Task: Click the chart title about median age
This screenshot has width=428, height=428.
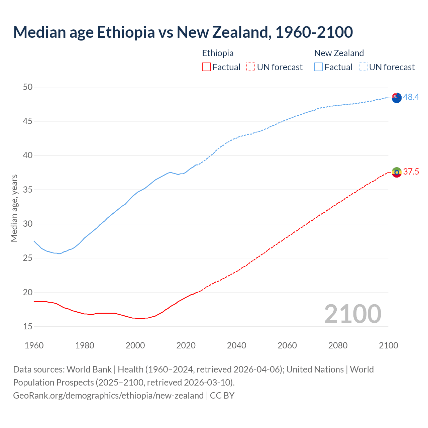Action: click(183, 32)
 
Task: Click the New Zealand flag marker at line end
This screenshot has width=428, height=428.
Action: click(397, 98)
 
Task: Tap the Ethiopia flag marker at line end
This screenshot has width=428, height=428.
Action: click(397, 172)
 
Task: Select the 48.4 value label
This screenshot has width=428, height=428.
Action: click(411, 97)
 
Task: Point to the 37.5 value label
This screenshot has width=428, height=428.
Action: click(411, 172)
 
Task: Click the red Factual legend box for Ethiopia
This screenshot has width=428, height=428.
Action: click(206, 67)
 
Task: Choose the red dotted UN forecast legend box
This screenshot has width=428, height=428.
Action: click(251, 67)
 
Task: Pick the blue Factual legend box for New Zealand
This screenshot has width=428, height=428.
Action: click(319, 67)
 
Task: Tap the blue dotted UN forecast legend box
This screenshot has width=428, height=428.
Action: click(363, 67)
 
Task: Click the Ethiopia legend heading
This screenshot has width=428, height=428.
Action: click(218, 53)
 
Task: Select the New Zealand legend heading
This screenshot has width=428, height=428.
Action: click(339, 53)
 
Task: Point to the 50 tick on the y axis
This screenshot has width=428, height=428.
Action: click(28, 87)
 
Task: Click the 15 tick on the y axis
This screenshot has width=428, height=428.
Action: click(28, 326)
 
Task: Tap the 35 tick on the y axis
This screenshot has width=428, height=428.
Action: click(28, 190)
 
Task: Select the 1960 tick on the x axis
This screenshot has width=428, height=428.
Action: click(34, 345)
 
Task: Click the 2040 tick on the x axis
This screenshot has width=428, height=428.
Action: click(236, 345)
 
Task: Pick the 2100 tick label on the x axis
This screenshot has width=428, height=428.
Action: click(389, 345)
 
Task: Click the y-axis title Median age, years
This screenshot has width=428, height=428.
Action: click(14, 208)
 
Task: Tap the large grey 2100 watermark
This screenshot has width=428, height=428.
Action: click(352, 314)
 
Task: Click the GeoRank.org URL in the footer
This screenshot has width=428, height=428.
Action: click(108, 396)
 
